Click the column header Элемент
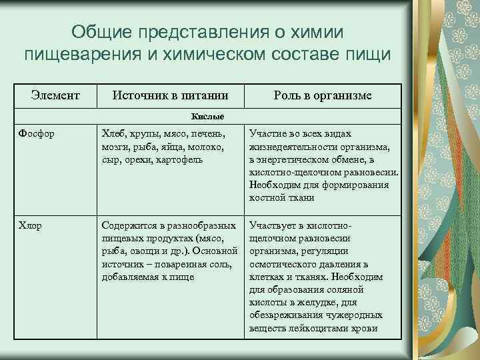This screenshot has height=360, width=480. [x=55, y=96]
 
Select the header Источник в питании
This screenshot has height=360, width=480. [x=171, y=96]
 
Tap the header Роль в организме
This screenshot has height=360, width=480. [x=323, y=96]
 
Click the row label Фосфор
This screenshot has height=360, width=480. [x=37, y=133]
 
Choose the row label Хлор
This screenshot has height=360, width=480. [x=31, y=226]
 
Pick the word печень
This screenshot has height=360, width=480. [x=199, y=133]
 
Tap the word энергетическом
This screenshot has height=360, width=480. [x=290, y=160]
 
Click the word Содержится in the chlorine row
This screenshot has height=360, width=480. [x=127, y=226]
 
